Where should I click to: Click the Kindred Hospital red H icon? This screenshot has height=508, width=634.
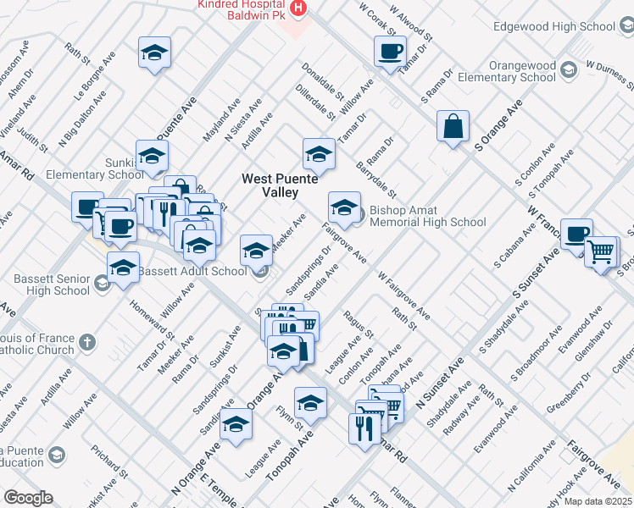tap(298, 8)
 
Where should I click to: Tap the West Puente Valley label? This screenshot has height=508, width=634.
tap(279, 185)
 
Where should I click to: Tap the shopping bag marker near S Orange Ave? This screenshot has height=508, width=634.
tap(453, 126)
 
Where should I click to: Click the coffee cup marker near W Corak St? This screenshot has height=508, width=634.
tap(390, 51)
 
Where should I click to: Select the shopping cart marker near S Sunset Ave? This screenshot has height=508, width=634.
tap(601, 251)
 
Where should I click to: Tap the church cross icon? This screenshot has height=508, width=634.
tap(86, 343)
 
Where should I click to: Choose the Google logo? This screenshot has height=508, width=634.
tap(28, 498)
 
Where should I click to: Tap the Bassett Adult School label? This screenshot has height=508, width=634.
tap(192, 271)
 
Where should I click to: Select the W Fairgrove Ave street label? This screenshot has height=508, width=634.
tap(404, 295)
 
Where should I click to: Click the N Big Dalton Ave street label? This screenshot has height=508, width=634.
tap(82, 122)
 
